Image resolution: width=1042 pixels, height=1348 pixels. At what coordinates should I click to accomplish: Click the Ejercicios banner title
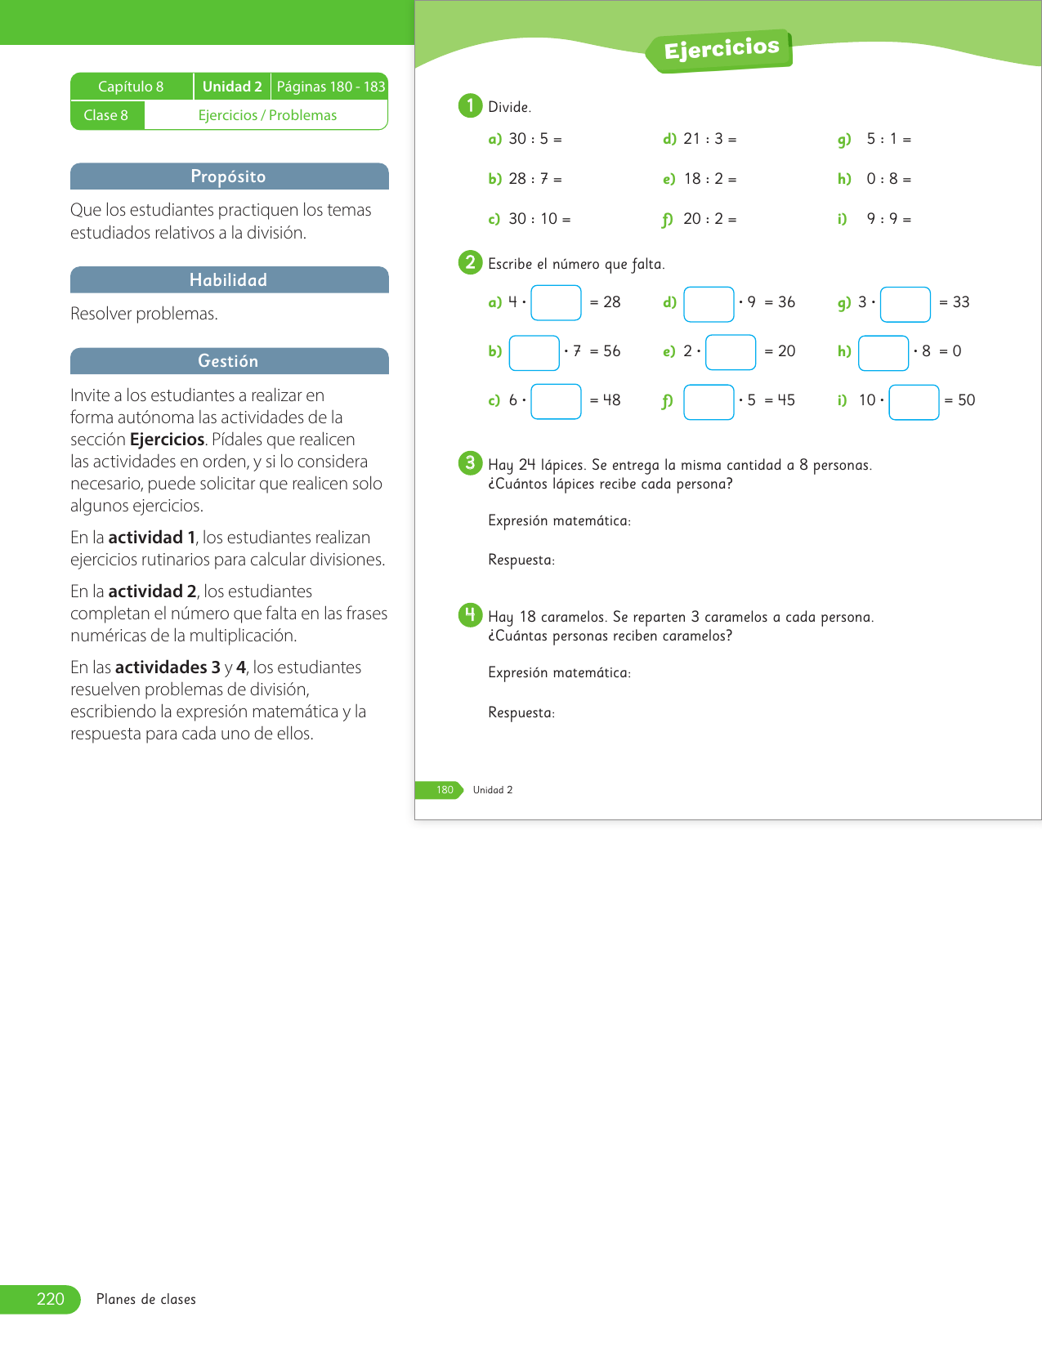(x=721, y=49)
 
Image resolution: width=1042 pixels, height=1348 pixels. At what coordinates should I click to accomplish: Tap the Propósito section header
(x=229, y=176)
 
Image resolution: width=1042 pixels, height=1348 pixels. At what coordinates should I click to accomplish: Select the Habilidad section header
(x=229, y=280)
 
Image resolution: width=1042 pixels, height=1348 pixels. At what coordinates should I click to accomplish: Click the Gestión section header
(x=229, y=361)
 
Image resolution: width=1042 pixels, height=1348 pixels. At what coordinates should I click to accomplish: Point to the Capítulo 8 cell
(x=131, y=87)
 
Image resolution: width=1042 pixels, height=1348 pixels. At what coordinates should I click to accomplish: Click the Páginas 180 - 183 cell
(x=330, y=87)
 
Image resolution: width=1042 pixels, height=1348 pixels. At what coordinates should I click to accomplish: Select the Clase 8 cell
(x=106, y=115)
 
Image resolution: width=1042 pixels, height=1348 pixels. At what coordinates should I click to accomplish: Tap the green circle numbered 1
(x=470, y=106)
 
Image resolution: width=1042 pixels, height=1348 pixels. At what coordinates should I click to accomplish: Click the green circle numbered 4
(x=470, y=615)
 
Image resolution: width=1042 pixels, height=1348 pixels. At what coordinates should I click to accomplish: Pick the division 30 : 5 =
(x=534, y=139)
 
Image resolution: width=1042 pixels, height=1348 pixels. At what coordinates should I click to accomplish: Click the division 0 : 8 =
(x=888, y=179)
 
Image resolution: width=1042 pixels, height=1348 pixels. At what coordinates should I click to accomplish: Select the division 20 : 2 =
(x=709, y=219)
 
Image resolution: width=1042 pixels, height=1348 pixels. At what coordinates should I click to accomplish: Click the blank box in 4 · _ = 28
(x=556, y=302)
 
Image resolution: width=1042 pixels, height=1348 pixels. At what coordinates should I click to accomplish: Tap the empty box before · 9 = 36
(x=709, y=304)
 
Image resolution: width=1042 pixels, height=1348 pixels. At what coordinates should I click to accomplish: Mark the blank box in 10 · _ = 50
(x=914, y=402)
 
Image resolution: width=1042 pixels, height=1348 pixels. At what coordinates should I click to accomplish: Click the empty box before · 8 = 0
(x=883, y=353)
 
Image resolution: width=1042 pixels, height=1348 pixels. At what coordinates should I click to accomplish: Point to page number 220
(x=50, y=1299)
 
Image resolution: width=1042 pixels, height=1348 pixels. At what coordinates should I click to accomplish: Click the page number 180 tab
(x=444, y=790)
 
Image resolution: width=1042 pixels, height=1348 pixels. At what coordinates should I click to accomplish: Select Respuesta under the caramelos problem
(x=521, y=712)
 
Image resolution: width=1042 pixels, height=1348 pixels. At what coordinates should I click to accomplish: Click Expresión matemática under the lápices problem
(x=559, y=520)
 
